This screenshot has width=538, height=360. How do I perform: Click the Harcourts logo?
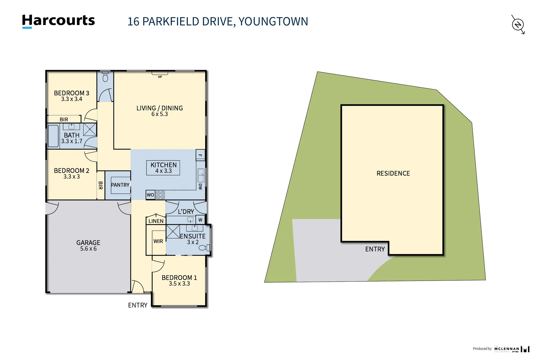tap(58, 21)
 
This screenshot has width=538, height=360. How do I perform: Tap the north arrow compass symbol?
tap(518, 24)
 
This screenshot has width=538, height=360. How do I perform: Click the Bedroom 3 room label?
tap(71, 93)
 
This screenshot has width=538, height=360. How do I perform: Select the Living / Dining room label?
tap(160, 108)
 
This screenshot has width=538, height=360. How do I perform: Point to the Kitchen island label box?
tap(163, 168)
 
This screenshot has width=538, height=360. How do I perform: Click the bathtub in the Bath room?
tap(53, 136)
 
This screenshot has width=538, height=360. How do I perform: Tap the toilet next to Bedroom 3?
tap(105, 77)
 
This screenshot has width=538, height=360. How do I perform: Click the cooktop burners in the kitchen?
tap(161, 195)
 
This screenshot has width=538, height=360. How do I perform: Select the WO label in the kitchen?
tap(151, 195)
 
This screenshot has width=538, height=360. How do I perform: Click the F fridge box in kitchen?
tap(200, 155)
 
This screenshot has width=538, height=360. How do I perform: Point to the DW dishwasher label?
tap(200, 186)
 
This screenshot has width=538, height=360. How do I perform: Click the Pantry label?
tap(120, 185)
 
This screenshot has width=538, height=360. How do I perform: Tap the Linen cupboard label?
tap(156, 221)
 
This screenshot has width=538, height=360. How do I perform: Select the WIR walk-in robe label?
tap(158, 241)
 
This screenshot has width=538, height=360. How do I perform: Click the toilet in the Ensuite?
tap(204, 248)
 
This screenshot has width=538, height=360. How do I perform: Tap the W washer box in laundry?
tap(200, 220)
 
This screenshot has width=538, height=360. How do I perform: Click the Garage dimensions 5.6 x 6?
tap(88, 249)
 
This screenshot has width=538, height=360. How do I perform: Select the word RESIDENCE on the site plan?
tap(393, 173)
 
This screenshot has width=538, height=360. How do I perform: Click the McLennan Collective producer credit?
tap(506, 349)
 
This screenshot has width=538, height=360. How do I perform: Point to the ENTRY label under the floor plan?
tap(138, 305)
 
